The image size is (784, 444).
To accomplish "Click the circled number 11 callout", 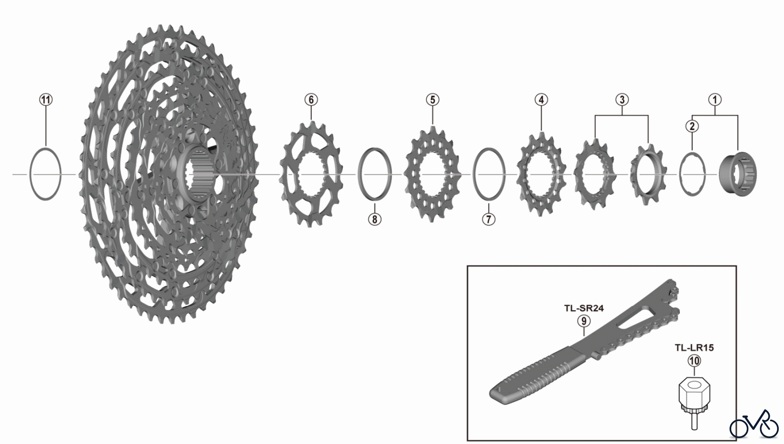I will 46,100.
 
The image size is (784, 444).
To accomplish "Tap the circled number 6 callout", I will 311,100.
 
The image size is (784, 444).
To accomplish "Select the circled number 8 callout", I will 374,219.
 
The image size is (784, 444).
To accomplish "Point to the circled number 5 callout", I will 432,100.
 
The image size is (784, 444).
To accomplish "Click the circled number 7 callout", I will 489,219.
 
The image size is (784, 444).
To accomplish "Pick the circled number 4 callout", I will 541,100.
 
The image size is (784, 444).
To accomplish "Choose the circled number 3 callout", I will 622,100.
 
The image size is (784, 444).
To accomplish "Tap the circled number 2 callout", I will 692,127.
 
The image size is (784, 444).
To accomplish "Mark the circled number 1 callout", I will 714,100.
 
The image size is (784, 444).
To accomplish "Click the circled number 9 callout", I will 584,321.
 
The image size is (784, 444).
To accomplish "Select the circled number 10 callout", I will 694,360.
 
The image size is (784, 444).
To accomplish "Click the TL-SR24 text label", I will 584,309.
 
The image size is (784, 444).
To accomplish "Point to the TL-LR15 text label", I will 694,348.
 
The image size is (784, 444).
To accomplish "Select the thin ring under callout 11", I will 45,174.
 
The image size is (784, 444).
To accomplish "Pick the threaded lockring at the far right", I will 738,174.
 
